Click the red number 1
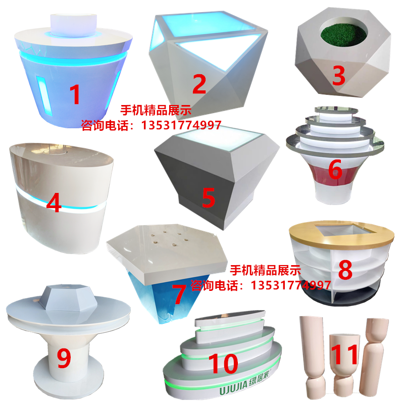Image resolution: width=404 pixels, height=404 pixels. click(75, 94)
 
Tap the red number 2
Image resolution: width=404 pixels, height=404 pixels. click(199, 84)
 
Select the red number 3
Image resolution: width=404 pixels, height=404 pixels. click(338, 75)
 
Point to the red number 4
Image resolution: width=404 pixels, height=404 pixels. click(54, 203)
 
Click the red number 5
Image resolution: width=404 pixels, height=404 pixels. click(208, 197)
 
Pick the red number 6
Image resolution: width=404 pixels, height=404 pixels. click(335, 169)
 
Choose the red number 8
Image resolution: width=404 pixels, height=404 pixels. click(345, 270)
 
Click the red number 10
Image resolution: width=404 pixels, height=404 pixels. click(223, 364)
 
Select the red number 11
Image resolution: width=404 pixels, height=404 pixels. click(344, 355)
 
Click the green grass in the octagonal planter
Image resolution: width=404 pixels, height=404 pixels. click(343, 34)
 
